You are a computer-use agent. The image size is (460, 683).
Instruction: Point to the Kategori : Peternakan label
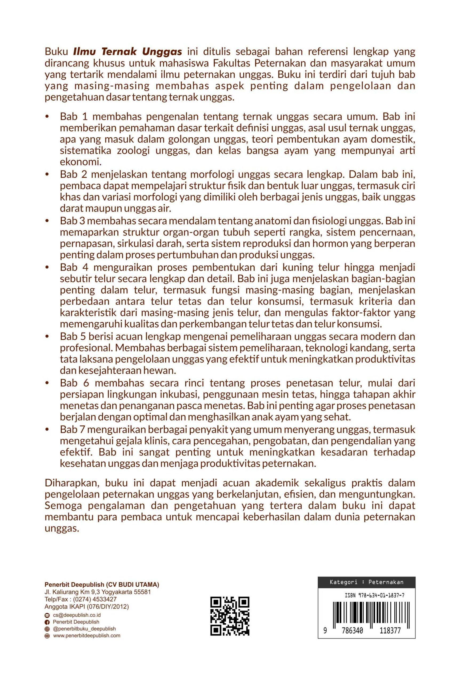(x=366, y=582)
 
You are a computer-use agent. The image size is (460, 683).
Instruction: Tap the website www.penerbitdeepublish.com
(x=87, y=636)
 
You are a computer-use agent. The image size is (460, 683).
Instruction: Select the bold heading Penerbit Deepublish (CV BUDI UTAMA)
(x=102, y=585)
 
